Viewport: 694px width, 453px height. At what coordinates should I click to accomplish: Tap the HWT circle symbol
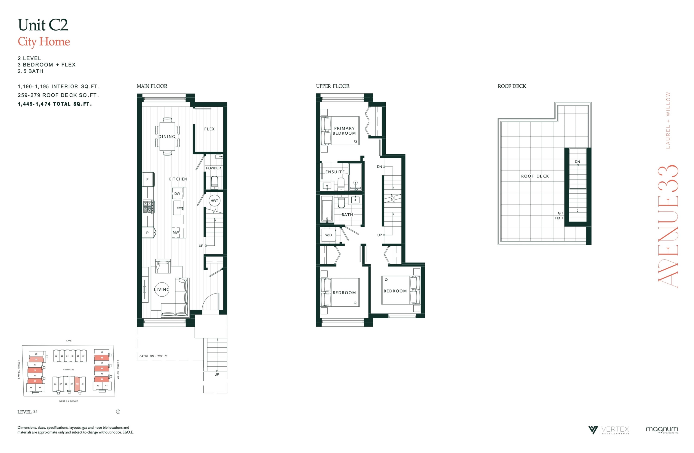click(214, 201)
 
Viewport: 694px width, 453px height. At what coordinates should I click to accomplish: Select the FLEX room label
click(209, 129)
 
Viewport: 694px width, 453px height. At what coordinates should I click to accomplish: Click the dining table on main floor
click(167, 136)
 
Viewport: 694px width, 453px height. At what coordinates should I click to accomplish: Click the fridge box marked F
click(148, 179)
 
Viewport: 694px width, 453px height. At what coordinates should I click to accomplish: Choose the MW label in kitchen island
click(176, 232)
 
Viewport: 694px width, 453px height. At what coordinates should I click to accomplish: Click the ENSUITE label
click(335, 172)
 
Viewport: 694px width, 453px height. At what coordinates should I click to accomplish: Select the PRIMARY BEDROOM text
click(344, 130)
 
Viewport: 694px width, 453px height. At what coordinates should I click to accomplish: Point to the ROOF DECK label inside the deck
click(535, 176)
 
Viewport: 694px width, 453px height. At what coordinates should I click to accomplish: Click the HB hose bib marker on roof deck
click(558, 218)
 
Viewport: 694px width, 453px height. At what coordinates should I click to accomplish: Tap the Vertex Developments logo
click(609, 430)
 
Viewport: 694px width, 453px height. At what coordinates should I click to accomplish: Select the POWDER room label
click(214, 168)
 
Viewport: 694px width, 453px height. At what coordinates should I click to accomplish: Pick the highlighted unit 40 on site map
click(77, 384)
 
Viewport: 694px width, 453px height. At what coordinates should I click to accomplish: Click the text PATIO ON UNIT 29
click(153, 356)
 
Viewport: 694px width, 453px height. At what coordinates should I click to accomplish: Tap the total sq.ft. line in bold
click(55, 104)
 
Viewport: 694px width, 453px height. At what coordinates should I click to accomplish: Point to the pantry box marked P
click(148, 233)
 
